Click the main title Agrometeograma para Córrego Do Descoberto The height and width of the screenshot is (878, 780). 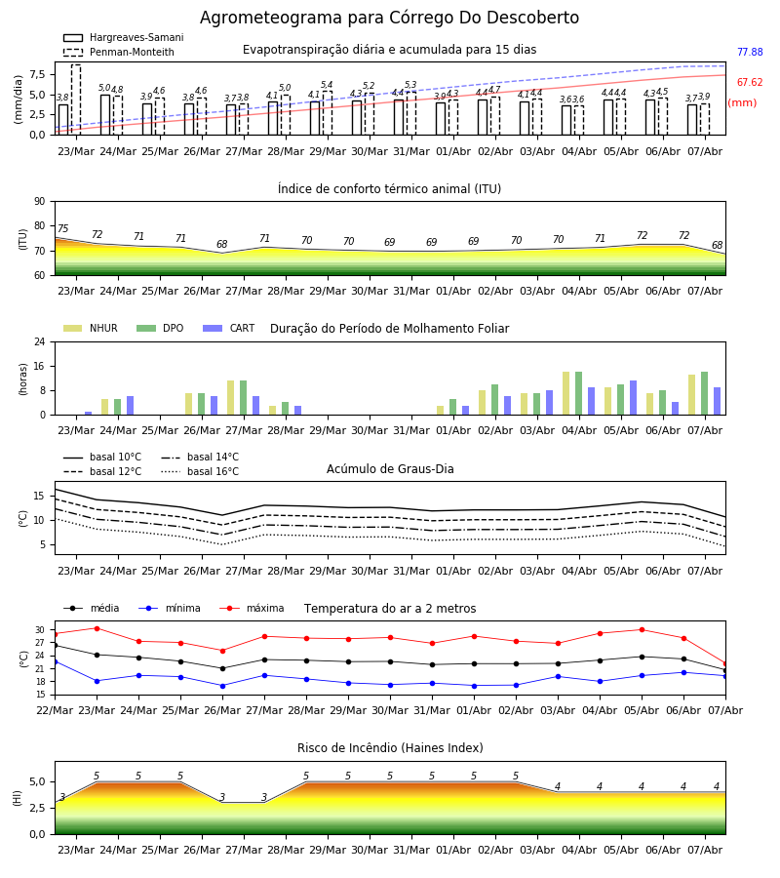pyautogui.click(x=389, y=18)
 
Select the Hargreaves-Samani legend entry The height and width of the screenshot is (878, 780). pyautogui.click(x=124, y=37)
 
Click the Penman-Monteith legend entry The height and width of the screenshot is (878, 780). pyautogui.click(x=119, y=52)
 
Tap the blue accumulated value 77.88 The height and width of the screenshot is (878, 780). pyautogui.click(x=750, y=52)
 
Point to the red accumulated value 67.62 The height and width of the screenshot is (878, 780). pyautogui.click(x=750, y=82)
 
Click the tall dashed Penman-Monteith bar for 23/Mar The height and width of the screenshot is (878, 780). pyautogui.click(x=76, y=100)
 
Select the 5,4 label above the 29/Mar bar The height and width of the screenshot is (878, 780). pyautogui.click(x=327, y=85)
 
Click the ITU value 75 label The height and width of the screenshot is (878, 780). pyautogui.click(x=62, y=228)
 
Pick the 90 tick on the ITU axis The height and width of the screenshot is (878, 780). pyautogui.click(x=40, y=202)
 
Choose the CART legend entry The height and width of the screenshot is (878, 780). pyautogui.click(x=229, y=328)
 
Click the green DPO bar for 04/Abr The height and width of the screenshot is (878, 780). pyautogui.click(x=578, y=393)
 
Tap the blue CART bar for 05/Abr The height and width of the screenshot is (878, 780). pyautogui.click(x=634, y=398)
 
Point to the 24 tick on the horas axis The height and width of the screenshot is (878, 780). pyautogui.click(x=40, y=341)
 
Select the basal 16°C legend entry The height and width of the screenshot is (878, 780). pyautogui.click(x=200, y=471)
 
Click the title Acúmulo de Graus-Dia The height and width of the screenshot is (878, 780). pyautogui.click(x=390, y=469)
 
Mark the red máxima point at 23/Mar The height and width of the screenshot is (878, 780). pyautogui.click(x=97, y=628)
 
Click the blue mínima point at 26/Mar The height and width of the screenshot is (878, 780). pyautogui.click(x=222, y=686)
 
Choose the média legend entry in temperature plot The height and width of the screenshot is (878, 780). pyautogui.click(x=92, y=608)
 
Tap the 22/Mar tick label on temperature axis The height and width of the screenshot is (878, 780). pyautogui.click(x=55, y=710)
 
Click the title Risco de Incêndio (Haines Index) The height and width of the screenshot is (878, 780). pyautogui.click(x=390, y=748)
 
